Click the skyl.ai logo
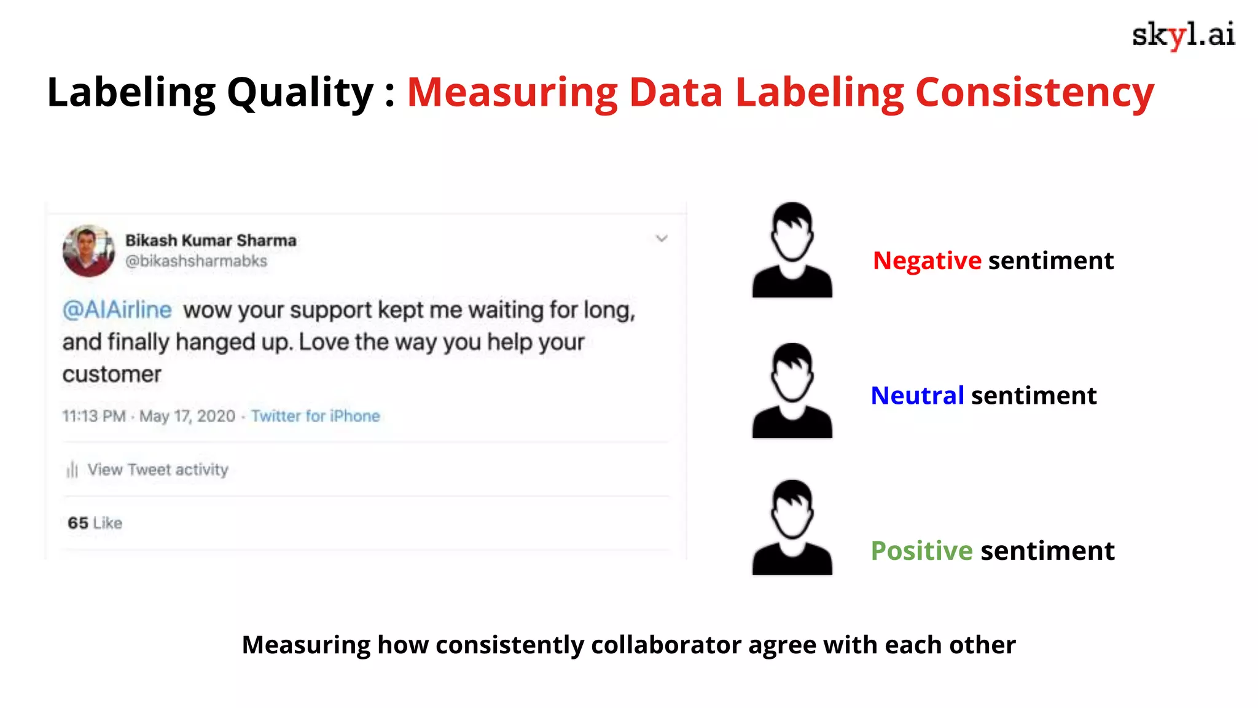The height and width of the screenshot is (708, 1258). click(x=1183, y=35)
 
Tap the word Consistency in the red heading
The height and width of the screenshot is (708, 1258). click(x=1034, y=93)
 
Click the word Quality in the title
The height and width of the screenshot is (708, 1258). click(x=300, y=93)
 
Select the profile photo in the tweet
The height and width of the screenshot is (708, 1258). click(x=88, y=251)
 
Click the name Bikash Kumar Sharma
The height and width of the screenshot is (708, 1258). click(x=211, y=240)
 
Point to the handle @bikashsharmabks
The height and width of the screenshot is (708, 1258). click(x=196, y=261)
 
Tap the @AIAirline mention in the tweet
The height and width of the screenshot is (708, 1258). click(x=117, y=310)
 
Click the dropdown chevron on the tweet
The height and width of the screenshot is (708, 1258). click(x=662, y=238)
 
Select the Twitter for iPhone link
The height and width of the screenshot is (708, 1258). click(x=316, y=416)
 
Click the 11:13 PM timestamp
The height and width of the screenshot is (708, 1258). click(x=93, y=416)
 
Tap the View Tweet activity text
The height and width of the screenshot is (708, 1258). click(x=158, y=470)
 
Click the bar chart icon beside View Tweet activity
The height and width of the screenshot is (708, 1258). click(x=72, y=470)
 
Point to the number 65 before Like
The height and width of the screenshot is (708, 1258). click(x=78, y=523)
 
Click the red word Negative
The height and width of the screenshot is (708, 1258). click(x=927, y=261)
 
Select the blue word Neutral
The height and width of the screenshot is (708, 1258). click(x=917, y=395)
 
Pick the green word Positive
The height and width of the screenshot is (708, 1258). click(x=921, y=551)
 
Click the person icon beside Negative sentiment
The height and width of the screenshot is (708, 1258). click(x=792, y=250)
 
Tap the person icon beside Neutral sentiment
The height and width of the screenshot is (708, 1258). click(x=792, y=391)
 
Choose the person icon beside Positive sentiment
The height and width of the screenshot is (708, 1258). click(x=792, y=528)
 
